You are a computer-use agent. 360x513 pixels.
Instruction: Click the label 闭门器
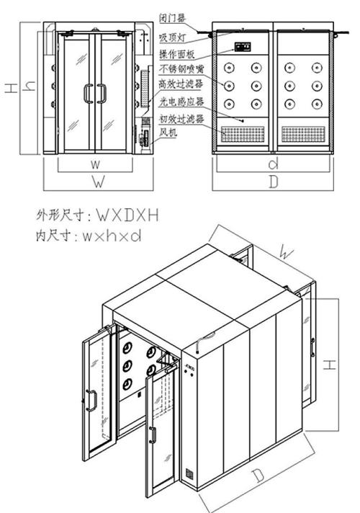click(x=173, y=16)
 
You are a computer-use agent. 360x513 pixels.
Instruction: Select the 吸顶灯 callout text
click(x=173, y=35)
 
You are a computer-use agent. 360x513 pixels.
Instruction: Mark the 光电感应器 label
click(x=178, y=103)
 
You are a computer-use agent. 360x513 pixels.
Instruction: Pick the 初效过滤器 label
click(x=178, y=119)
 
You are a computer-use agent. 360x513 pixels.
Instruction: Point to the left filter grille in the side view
click(x=243, y=134)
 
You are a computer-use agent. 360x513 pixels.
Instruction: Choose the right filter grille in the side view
click(x=305, y=134)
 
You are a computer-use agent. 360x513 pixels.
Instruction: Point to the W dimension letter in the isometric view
click(x=287, y=252)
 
